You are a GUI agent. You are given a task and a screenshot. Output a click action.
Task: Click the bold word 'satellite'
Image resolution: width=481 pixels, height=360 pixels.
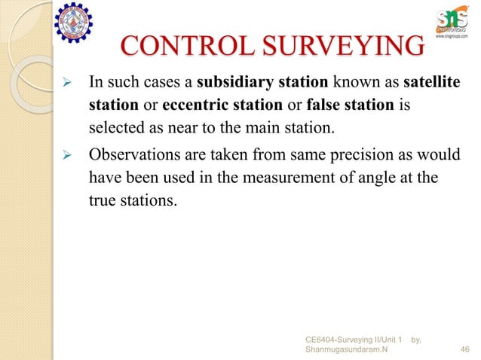[x=435, y=81]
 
